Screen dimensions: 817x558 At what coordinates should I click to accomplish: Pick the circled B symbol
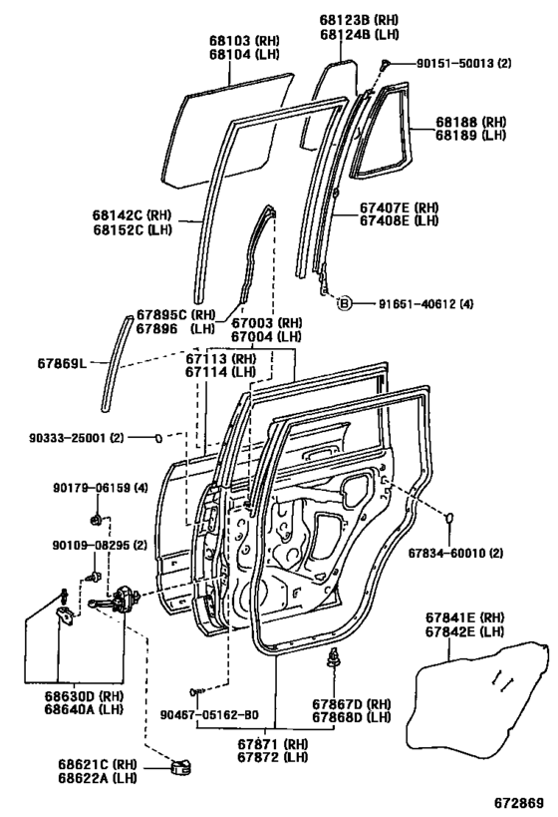[344, 302]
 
